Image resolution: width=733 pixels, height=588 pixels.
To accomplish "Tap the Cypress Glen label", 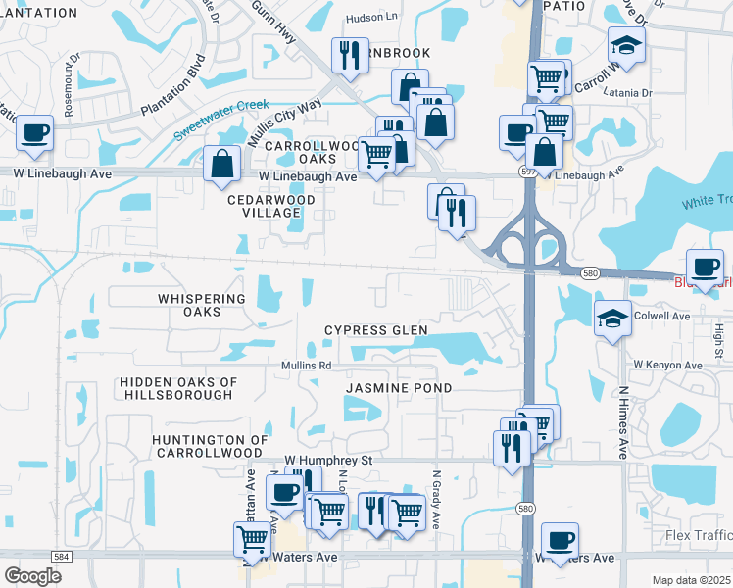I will click(376, 330).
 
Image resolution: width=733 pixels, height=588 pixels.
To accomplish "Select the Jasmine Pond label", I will click(399, 388).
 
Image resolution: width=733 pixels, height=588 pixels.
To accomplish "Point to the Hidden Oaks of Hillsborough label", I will click(176, 388).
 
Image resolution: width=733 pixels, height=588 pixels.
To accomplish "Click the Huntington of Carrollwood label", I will click(208, 447).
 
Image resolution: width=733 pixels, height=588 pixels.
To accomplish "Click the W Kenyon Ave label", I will click(667, 366).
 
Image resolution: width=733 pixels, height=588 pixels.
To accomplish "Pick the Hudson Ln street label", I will click(371, 19).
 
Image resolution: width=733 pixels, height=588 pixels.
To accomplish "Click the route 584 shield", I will click(61, 556).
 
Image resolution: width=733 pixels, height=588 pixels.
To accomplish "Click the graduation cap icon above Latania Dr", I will click(625, 45).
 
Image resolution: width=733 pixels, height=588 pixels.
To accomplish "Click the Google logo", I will click(32, 576).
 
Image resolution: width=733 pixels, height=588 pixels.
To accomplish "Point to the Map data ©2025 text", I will click(691, 580).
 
